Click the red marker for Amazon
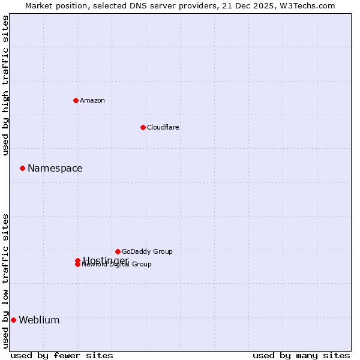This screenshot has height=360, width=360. coord(76,100)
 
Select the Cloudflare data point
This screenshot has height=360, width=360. coord(143,127)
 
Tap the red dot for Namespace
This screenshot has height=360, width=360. coord(22,168)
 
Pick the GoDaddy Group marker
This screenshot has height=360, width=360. coord(118,251)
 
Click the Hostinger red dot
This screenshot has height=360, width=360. coord(77,260)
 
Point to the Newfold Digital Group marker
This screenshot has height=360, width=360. coord(77,265)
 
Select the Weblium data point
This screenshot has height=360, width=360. coord(13,320)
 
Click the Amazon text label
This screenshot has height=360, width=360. coord(92,100)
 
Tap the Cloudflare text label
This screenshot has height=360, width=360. coord(163,127)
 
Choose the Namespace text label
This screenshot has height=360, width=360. coord(55,169)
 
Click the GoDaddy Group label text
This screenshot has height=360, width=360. coord(147,251)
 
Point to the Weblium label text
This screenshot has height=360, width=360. coord(39,320)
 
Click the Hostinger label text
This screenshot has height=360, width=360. coord(106,260)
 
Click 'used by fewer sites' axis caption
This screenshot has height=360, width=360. coord(62,355)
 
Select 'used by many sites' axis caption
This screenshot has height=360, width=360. coord(301,355)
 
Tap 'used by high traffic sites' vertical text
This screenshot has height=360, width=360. coord(5,85)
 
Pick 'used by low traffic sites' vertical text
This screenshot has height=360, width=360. coord(5,280)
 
